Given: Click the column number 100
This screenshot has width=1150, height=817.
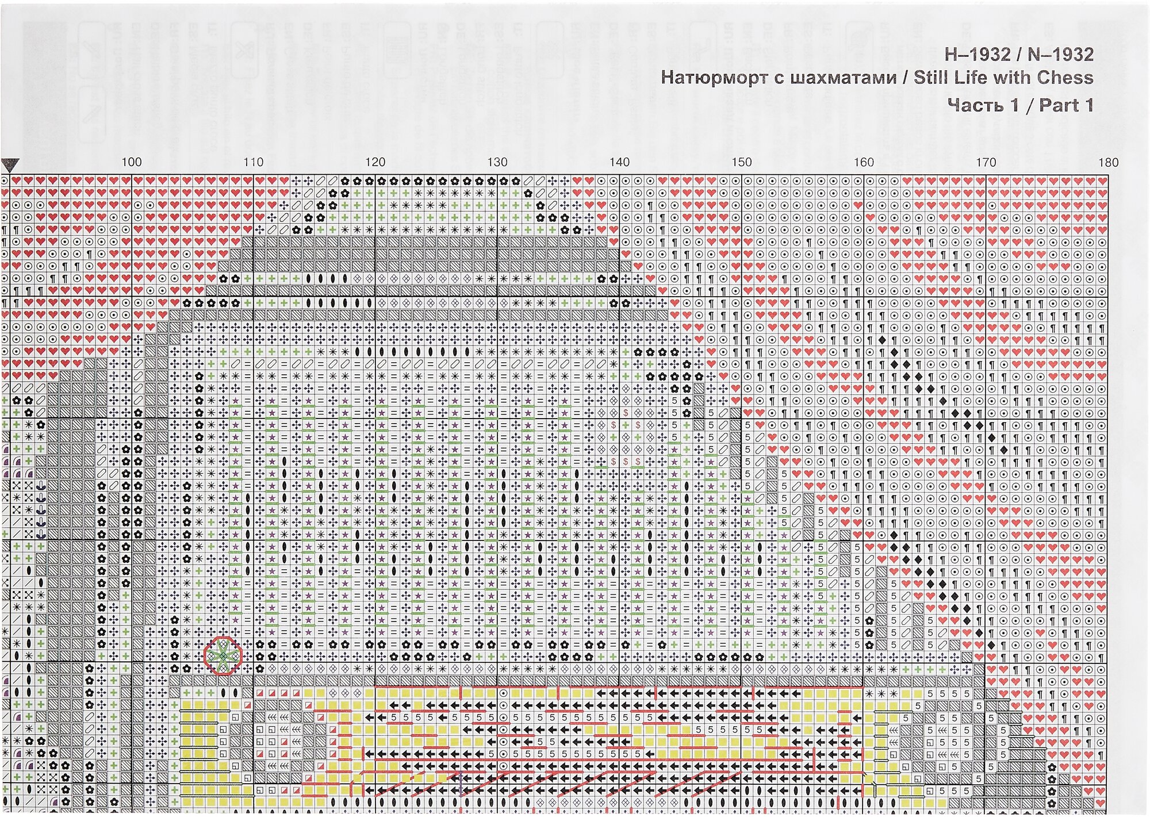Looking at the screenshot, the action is coord(131,162).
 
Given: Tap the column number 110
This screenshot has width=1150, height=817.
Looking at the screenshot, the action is coord(253,162).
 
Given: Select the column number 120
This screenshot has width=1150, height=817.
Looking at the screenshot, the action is coord(375,162).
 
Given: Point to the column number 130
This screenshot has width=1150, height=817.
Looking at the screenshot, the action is coord(497,162).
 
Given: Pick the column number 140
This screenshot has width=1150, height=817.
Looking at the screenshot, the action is coord(619,162).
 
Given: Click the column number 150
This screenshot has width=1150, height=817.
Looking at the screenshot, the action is coord(741,162).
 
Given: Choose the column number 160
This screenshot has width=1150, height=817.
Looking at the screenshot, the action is coord(863,162).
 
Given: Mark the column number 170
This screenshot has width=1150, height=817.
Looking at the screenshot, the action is coord(986,162).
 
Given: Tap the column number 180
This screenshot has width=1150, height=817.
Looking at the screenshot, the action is coord(1108,162).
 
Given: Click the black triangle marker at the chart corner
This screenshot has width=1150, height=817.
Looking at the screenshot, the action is coord(10,166).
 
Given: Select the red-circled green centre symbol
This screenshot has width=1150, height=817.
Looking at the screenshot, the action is coord(223,655).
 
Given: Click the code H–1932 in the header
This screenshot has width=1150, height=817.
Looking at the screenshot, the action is coord(977,55).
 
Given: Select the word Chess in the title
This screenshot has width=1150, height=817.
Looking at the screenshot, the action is coord(1065,78).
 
